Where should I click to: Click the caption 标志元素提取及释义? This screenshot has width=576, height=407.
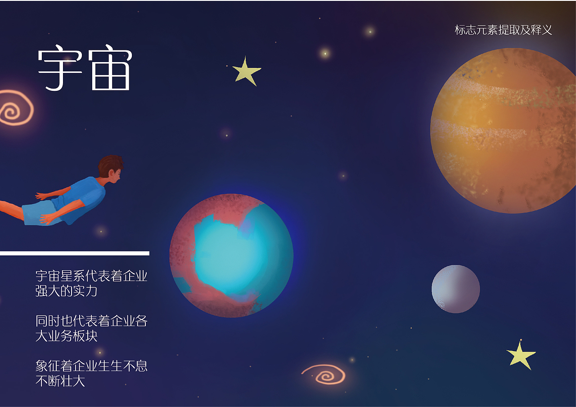[x=503, y=30]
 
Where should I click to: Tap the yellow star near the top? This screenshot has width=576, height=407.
[x=246, y=71]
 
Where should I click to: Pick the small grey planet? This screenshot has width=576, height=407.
[x=455, y=289]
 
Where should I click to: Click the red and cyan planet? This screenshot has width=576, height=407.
[x=231, y=255]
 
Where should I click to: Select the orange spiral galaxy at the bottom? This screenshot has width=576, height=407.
[x=325, y=374]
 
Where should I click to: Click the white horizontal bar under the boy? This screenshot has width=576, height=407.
[x=74, y=253]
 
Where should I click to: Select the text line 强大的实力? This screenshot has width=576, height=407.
[x=67, y=291]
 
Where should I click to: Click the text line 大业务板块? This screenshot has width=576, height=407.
[x=67, y=336]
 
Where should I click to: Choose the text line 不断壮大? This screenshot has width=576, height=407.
[x=60, y=381]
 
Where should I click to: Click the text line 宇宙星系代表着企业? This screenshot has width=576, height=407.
[x=91, y=276]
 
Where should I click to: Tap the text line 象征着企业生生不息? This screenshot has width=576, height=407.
[x=91, y=366]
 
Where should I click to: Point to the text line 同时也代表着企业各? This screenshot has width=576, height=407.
[x=91, y=321]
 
